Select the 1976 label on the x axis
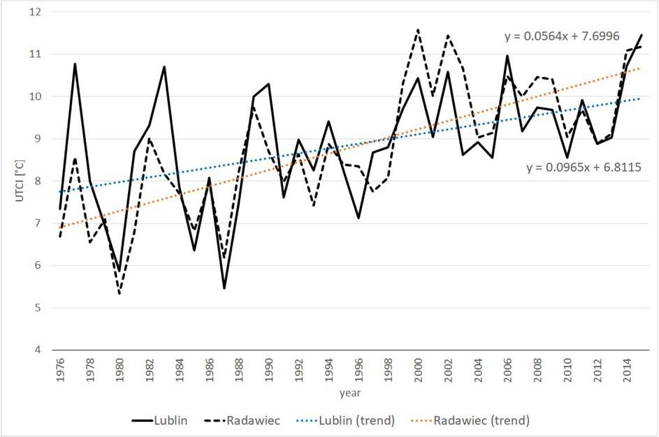pyautogui.click(x=60, y=369)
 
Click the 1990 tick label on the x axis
pyautogui.click(x=268, y=369)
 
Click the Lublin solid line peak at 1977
pyautogui.click(x=75, y=64)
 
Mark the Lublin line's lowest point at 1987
pyautogui.click(x=224, y=288)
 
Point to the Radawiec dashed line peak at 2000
pyautogui.click(x=418, y=30)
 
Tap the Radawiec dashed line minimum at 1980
pyautogui.click(x=120, y=294)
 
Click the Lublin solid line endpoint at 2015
pyautogui.click(x=642, y=35)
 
